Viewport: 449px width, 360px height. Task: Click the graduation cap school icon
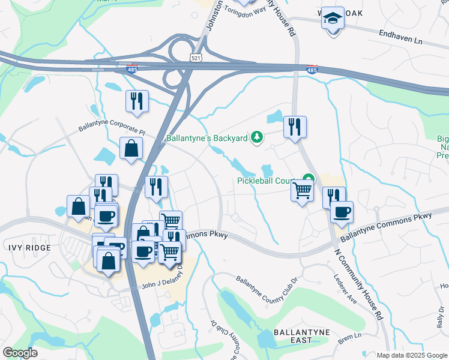click(x=332, y=20)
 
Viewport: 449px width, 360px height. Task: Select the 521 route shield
click(x=196, y=58)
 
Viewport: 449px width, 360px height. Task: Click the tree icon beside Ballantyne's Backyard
click(x=257, y=138)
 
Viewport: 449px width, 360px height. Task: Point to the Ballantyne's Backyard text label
click(x=206, y=139)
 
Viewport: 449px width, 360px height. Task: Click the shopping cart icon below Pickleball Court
click(x=303, y=191)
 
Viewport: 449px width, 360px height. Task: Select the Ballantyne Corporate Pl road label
click(x=112, y=129)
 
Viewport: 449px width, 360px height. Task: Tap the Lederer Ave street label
click(x=346, y=288)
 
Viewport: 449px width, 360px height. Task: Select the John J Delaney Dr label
click(x=160, y=286)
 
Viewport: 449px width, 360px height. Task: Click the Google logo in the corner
click(x=20, y=353)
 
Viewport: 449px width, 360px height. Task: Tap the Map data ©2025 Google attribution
click(x=411, y=355)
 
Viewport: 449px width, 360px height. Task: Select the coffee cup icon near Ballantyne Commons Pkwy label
click(x=342, y=212)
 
